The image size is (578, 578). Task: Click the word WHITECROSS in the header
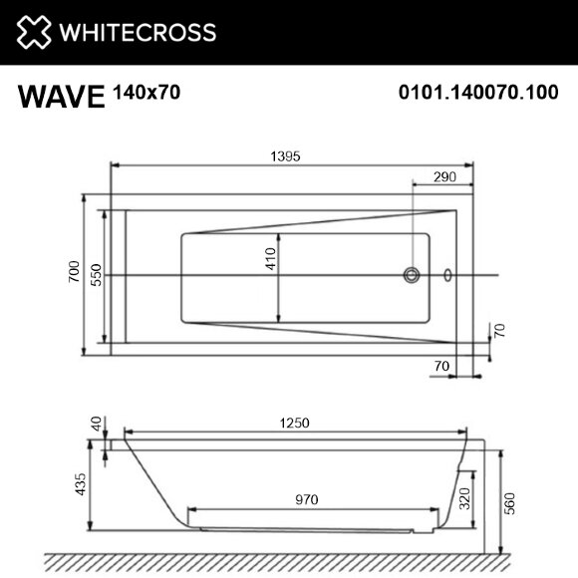138,32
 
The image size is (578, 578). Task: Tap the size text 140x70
147,93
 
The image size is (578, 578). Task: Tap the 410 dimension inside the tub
269,261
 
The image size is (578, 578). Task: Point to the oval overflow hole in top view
446,276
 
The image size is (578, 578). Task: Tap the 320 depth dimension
464,499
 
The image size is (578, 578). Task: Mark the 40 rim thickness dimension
96,426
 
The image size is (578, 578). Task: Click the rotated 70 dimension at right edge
502,331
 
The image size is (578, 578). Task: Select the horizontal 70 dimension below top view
440,366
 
